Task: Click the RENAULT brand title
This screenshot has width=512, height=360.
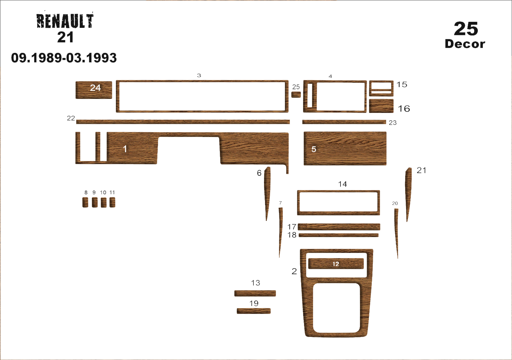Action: coord(65,21)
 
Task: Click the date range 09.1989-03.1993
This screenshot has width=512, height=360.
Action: coord(64,58)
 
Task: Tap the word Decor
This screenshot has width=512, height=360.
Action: coord(465,44)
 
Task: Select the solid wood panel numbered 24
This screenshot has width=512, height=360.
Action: coord(94,90)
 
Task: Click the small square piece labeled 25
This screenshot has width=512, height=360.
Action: coord(296,95)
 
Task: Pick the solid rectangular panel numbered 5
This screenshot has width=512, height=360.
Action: coord(345,148)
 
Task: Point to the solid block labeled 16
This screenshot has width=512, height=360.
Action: coord(381,106)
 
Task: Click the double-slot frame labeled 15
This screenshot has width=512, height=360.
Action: coord(381,88)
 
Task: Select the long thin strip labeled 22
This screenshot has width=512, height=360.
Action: coord(183,122)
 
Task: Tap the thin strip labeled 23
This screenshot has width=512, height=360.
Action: coord(344,122)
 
